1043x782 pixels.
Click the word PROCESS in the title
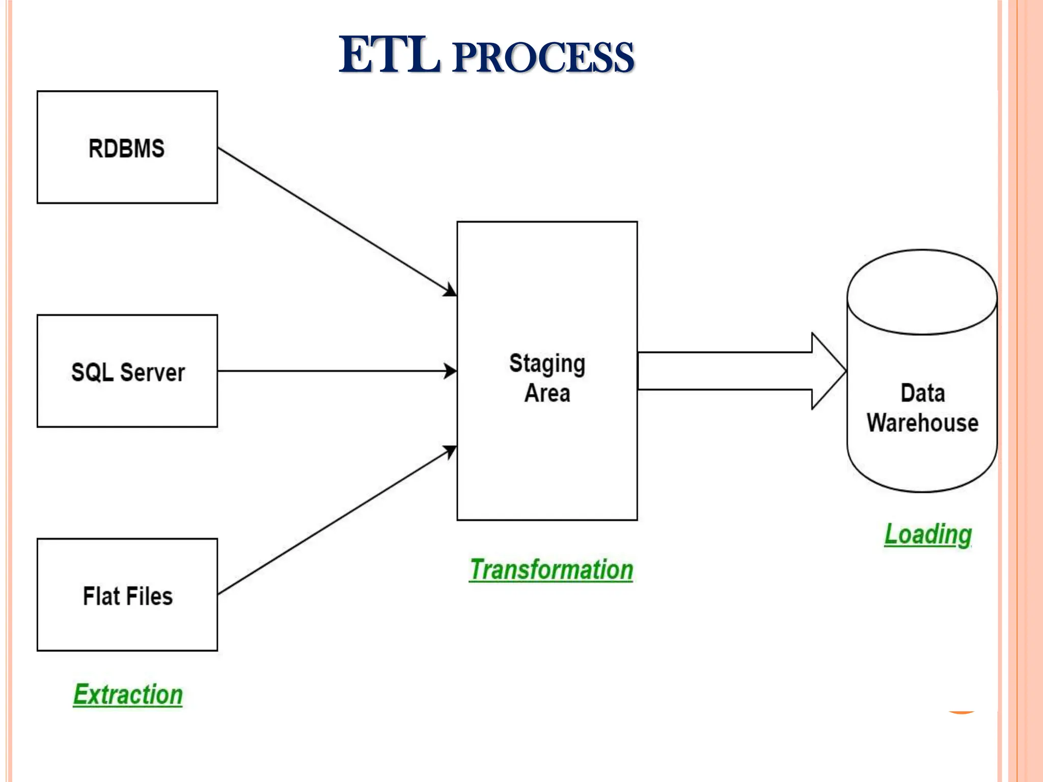[x=543, y=58]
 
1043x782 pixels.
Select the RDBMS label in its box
[x=126, y=149]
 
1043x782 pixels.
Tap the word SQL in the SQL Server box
[x=92, y=372]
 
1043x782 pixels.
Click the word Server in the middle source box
[x=152, y=372]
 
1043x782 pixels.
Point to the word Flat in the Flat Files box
[x=101, y=596]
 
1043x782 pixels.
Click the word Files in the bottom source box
[x=150, y=596]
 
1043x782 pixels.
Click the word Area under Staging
[x=547, y=393]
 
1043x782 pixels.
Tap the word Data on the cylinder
[x=922, y=393]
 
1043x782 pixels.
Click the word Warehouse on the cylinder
[x=922, y=423]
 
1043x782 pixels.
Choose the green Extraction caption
[x=128, y=694]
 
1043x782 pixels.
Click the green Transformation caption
[x=551, y=569]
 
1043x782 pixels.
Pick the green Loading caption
[x=927, y=534]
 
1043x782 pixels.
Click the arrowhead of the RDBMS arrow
[x=450, y=291]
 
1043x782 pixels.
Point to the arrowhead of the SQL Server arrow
[x=450, y=371]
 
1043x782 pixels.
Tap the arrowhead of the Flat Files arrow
[x=450, y=451]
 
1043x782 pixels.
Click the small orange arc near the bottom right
[x=961, y=712]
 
